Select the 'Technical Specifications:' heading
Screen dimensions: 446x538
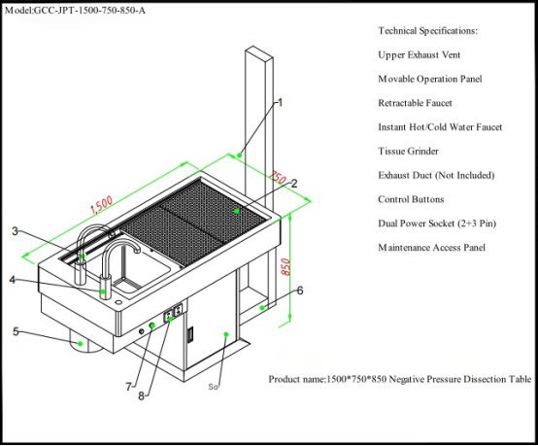[x=427, y=31]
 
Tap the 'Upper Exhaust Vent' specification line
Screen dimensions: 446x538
[x=419, y=54]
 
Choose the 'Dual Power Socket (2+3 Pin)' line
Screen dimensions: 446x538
[x=437, y=223]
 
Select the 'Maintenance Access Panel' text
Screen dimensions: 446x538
[x=431, y=248]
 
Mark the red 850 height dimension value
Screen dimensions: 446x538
[x=286, y=266]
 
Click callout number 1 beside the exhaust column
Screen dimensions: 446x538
[x=280, y=101]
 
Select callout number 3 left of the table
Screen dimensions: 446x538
[x=15, y=231]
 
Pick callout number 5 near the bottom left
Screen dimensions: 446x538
[x=15, y=331]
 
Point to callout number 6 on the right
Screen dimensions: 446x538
[x=299, y=290]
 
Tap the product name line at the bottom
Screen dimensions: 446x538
[x=399, y=378]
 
